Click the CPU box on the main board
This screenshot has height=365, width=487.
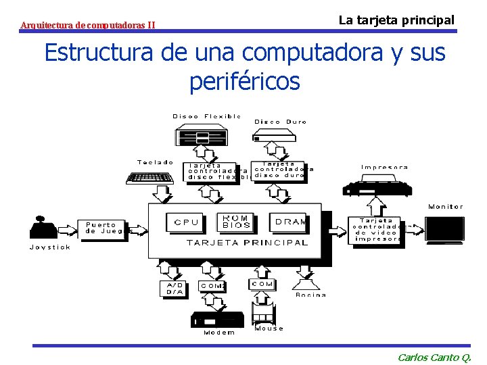click(x=186, y=222)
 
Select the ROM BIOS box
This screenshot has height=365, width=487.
click(x=236, y=221)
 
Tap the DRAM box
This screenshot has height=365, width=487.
click(x=289, y=222)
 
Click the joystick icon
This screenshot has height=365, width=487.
click(x=44, y=228)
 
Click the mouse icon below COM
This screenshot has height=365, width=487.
click(x=263, y=312)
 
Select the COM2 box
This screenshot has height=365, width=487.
click(x=212, y=286)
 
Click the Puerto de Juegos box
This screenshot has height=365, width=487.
click(x=103, y=228)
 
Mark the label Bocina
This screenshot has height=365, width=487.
click(x=311, y=295)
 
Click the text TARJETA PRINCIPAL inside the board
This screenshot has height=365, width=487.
click(x=246, y=242)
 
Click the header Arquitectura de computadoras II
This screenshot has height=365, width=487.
click(x=88, y=26)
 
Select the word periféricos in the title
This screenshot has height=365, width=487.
click(x=244, y=81)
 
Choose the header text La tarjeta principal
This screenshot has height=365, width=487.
click(x=396, y=20)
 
